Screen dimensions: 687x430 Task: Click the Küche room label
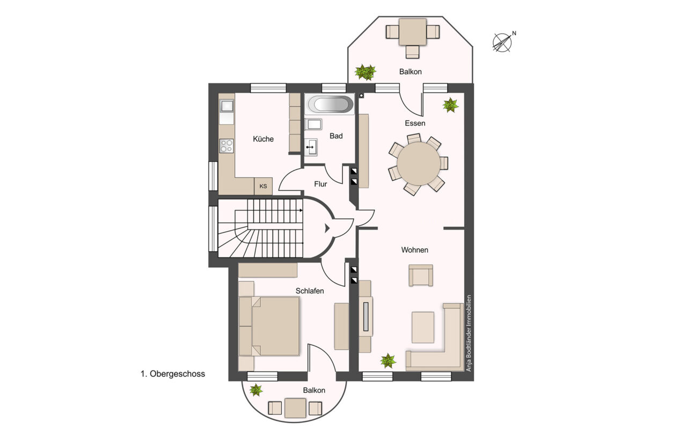263,139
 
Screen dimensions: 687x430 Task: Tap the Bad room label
336,136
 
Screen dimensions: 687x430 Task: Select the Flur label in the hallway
320,184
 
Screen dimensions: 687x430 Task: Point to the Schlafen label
310,291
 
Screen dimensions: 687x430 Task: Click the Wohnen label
415,250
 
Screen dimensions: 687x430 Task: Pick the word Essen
415,123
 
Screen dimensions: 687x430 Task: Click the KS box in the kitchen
263,186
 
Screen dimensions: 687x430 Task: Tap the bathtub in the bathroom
330,104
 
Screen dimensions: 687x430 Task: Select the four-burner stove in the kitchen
226,146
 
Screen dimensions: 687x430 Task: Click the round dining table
418,163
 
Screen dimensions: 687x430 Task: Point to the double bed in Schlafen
269,326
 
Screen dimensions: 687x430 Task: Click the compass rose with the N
502,42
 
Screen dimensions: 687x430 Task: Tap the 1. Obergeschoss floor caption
173,374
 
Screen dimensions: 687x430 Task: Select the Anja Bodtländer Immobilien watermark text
469,333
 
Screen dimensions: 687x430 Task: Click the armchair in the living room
421,275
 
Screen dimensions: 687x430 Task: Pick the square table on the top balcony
413,32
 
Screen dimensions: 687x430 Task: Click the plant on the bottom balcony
256,390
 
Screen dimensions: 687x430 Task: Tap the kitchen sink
227,106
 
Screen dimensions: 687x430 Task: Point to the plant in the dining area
450,105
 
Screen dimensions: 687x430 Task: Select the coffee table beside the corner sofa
423,327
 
